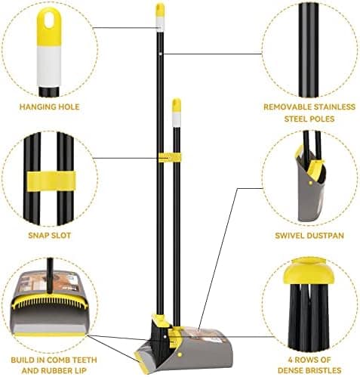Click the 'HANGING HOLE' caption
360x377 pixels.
click(x=50, y=107)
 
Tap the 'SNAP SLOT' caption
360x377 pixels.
click(x=50, y=236)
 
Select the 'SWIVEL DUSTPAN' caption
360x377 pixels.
click(x=309, y=236)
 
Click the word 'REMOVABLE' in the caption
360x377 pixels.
click(x=288, y=107)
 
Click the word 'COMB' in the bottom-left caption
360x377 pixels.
click(x=60, y=360)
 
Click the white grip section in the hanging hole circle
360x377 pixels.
click(x=49, y=66)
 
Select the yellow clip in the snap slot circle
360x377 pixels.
click(x=51, y=181)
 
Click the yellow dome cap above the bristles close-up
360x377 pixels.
click(x=309, y=271)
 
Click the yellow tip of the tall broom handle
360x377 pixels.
click(x=160, y=10)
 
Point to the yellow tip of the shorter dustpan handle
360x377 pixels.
click(x=177, y=105)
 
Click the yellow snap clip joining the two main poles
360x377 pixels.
click(x=170, y=158)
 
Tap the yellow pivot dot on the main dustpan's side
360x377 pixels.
click(x=180, y=354)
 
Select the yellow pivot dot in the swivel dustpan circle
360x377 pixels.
click(x=311, y=183)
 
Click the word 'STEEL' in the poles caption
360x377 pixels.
click(x=294, y=119)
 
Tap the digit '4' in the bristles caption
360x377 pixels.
click(x=291, y=360)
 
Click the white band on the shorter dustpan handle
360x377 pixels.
click(x=177, y=119)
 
